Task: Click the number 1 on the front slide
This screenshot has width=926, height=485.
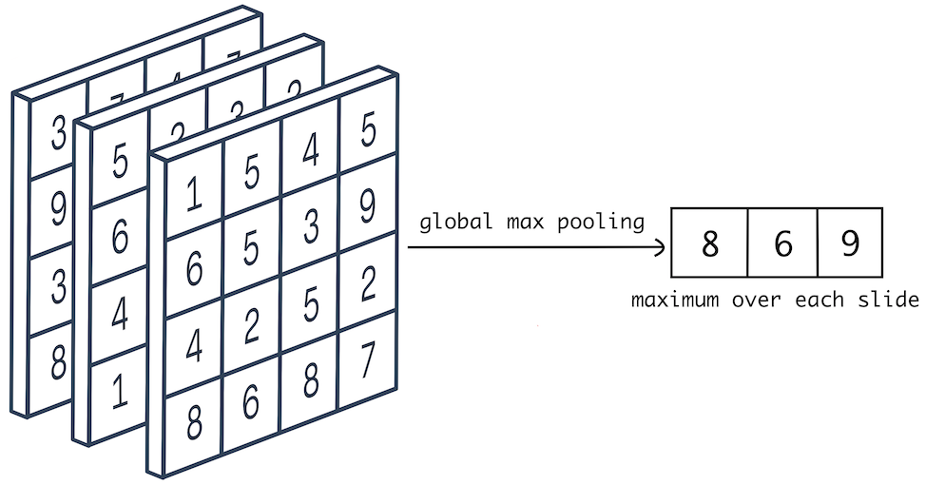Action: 193,194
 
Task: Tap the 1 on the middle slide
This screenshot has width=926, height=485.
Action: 119,391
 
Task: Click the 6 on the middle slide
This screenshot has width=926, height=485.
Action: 119,235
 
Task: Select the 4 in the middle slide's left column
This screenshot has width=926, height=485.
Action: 119,314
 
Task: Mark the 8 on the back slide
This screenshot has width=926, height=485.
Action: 58,363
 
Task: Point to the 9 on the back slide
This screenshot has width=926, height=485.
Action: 58,209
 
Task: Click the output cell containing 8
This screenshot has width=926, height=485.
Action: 709,244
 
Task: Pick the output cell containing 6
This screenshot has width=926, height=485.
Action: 781,244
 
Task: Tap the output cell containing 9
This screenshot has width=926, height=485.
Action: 849,244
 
